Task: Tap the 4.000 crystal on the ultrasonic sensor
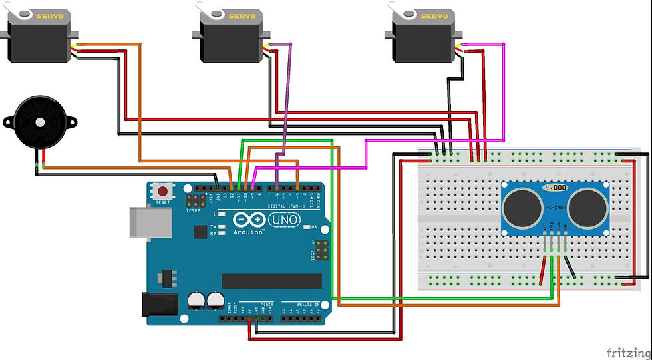[555, 188]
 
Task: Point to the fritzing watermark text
[625, 351]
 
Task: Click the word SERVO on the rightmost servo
[435, 15]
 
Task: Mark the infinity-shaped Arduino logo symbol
[244, 219]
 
